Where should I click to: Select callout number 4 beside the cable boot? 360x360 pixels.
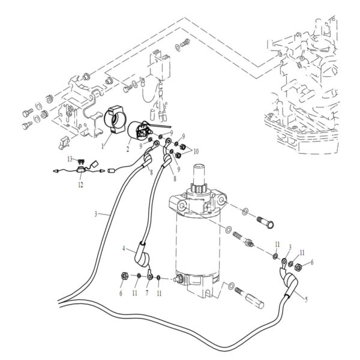(124, 248)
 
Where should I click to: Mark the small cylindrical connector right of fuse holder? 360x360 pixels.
(110, 170)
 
